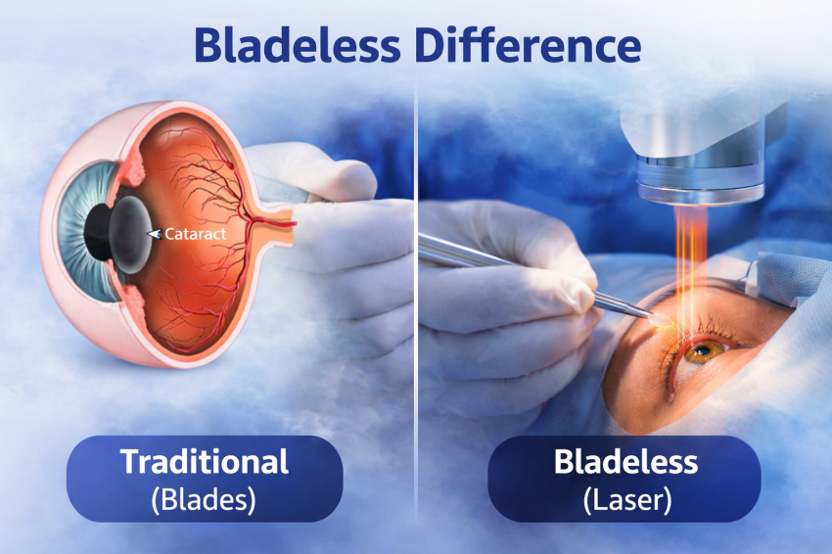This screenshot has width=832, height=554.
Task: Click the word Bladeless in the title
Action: tap(297, 45)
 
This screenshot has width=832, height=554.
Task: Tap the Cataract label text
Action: tap(195, 234)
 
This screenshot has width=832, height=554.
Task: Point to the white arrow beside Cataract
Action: tap(154, 234)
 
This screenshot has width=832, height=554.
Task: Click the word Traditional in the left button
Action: tap(205, 461)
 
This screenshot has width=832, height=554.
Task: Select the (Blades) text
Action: tap(204, 499)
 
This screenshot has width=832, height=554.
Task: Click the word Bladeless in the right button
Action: tap(625, 461)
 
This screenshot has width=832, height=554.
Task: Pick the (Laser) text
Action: tap(627, 499)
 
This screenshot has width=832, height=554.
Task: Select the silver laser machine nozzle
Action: tap(701, 178)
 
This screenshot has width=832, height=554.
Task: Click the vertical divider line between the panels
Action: tap(417, 298)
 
